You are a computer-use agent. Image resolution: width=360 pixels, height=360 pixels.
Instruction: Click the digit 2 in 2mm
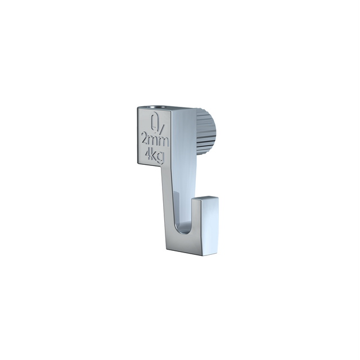pos(146,139)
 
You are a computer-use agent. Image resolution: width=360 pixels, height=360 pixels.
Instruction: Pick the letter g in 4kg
pos(160,157)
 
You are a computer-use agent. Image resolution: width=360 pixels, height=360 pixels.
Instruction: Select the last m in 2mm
pos(164,142)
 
